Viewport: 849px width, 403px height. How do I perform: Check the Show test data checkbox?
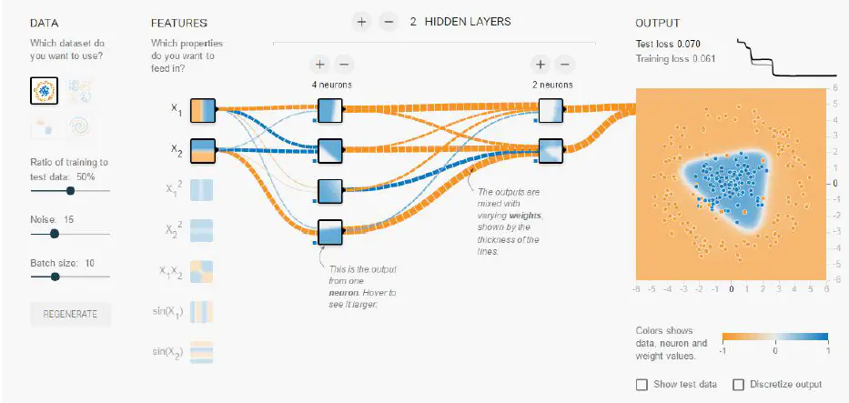coord(642,384)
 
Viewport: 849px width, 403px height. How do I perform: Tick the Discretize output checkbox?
coord(738,384)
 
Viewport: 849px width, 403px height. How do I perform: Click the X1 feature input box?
coord(202,110)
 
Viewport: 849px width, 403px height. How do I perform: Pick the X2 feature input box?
coord(202,149)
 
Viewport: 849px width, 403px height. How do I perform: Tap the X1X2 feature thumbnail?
coord(202,271)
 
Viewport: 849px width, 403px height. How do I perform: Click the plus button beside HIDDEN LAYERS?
coord(361,22)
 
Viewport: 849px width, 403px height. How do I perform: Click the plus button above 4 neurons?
coord(319,64)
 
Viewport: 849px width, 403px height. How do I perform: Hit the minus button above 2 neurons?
coord(564,64)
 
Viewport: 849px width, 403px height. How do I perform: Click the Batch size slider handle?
coord(43,277)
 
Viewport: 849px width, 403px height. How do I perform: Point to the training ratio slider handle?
coord(70,191)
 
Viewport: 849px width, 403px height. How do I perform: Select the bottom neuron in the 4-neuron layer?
coord(328,232)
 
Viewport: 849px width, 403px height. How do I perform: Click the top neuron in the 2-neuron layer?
coord(551,110)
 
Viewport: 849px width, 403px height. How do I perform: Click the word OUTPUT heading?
coord(657,23)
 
